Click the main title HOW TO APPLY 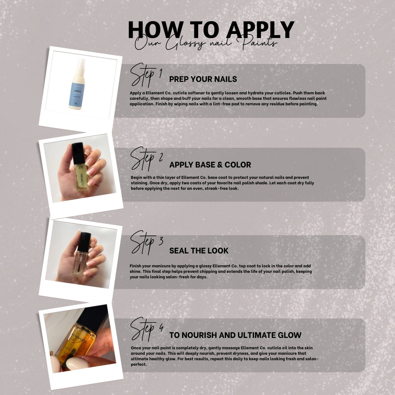tap(211, 30)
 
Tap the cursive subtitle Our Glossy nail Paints tap(206, 43)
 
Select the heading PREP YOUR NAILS tap(203, 79)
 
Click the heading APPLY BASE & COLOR tap(210, 165)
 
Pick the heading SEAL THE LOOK tap(199, 251)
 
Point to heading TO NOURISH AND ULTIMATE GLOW tap(235, 335)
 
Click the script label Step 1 tap(146, 75)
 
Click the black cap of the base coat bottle tap(79, 153)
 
